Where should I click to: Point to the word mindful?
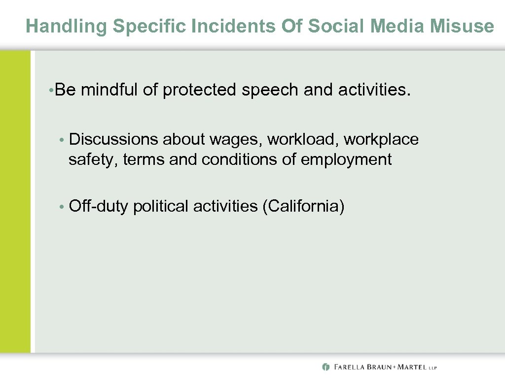(x=111, y=90)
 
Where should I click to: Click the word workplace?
(x=381, y=140)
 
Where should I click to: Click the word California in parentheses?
(x=303, y=206)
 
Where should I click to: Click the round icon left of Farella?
(x=325, y=367)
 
